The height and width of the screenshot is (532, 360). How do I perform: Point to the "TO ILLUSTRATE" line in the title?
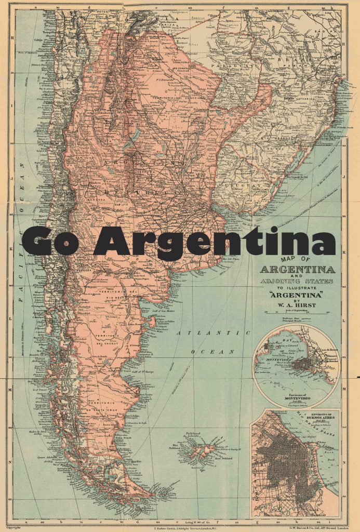click(x=297, y=289)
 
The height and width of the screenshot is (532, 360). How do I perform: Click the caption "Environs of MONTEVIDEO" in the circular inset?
click(x=297, y=385)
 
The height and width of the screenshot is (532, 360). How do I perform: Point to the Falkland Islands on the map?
click(x=200, y=447)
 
